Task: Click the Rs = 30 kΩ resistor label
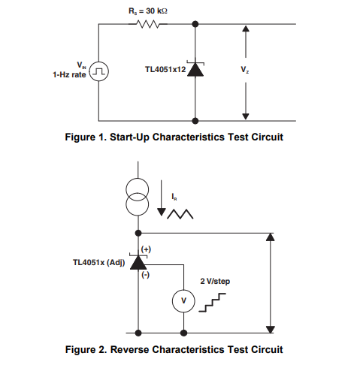click(148, 11)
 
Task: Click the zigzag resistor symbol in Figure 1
click(148, 24)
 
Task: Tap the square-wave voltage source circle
click(99, 71)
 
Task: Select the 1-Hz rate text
click(69, 74)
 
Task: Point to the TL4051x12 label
click(165, 69)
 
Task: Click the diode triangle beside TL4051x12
click(195, 70)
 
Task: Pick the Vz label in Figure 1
click(245, 69)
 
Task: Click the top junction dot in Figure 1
click(195, 24)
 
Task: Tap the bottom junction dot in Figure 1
click(195, 121)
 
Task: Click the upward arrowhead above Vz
click(246, 29)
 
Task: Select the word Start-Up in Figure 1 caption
click(129, 137)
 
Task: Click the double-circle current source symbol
click(137, 197)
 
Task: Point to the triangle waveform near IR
click(180, 214)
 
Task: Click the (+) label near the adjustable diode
click(146, 249)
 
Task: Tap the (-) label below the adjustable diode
click(146, 275)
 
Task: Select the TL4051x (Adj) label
click(98, 263)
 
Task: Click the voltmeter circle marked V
click(183, 301)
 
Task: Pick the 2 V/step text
click(215, 281)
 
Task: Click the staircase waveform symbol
click(212, 303)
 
